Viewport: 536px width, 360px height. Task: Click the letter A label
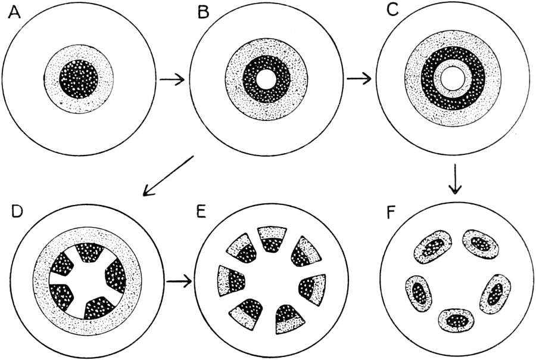pos(14,13)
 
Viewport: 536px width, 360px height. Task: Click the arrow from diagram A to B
pos(172,79)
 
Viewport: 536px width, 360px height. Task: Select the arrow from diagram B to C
pos(359,79)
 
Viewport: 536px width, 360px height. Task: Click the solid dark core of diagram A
pos(79,79)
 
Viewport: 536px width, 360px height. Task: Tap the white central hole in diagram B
pos(266,79)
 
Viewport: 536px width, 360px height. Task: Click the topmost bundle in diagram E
pos(271,238)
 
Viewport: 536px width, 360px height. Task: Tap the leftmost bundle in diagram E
pos(230,280)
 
